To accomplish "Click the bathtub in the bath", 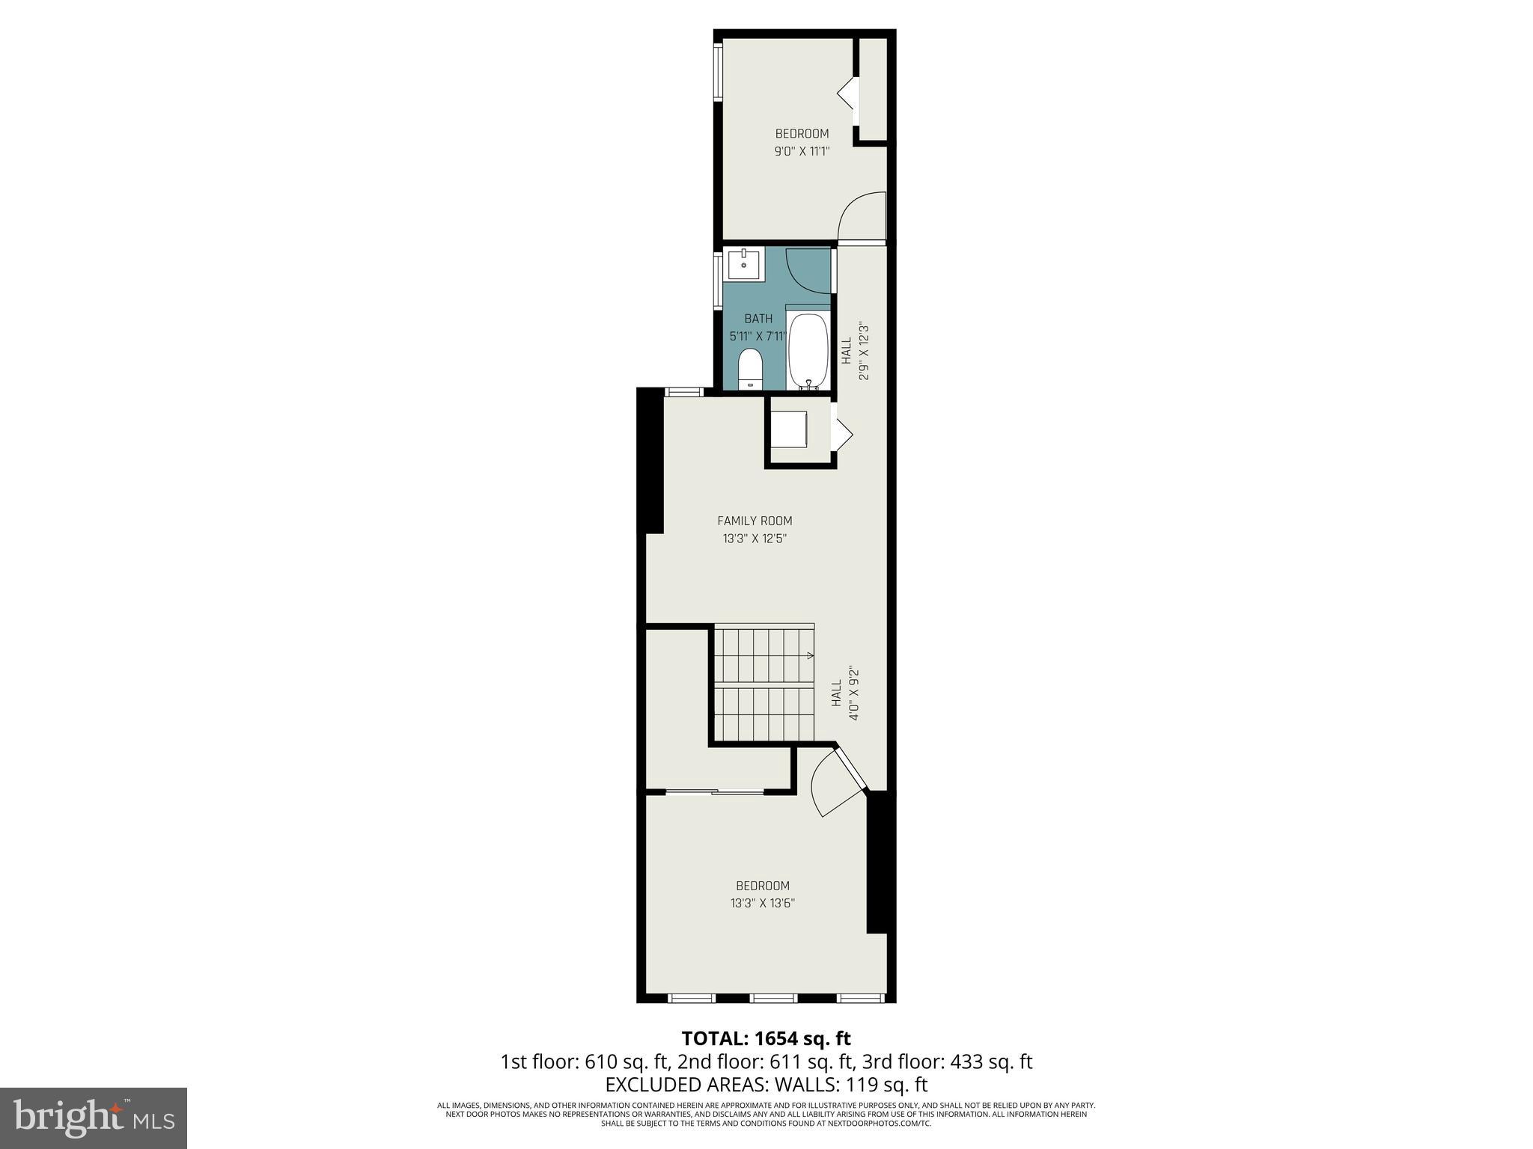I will click(x=808, y=352).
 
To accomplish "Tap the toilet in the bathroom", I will click(x=749, y=370).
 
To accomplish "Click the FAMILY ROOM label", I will click(x=755, y=521).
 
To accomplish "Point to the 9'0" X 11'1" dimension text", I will click(x=802, y=151).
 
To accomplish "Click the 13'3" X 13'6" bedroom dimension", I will click(x=762, y=903).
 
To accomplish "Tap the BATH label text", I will click(x=758, y=319).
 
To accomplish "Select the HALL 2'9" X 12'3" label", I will click(x=855, y=352).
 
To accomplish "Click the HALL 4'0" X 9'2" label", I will click(x=844, y=693).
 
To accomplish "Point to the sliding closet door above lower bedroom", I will click(x=715, y=791).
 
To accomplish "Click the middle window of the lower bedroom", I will click(x=773, y=997).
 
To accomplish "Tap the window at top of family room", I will click(x=684, y=391).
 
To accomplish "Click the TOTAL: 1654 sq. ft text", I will click(x=766, y=1038).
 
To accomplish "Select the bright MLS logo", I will click(x=94, y=1118).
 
